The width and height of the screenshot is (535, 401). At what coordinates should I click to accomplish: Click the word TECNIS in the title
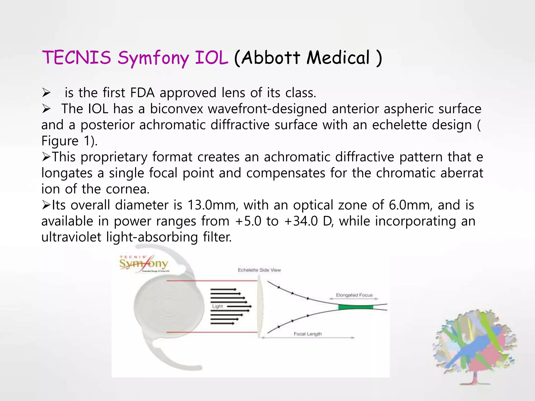[x=76, y=57]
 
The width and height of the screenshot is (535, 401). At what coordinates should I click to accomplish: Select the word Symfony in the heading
[x=153, y=58]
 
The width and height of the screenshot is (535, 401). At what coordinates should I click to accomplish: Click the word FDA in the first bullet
[x=142, y=93]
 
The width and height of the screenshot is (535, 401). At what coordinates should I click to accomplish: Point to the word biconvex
[x=176, y=109]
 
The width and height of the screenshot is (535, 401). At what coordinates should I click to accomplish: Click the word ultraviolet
[x=71, y=237]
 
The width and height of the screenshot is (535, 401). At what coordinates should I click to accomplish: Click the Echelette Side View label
[x=259, y=270]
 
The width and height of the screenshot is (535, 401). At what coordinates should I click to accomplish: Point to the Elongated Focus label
[x=354, y=295]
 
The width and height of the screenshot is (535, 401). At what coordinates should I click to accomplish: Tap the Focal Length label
[x=307, y=334]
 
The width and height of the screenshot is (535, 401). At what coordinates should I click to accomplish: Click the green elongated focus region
[x=355, y=307]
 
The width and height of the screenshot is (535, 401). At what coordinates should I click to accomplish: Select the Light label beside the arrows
[x=217, y=306]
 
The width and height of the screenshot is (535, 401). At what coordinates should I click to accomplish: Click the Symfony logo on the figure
[x=144, y=264]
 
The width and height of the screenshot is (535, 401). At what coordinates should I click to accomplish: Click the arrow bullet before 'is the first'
[x=46, y=93]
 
